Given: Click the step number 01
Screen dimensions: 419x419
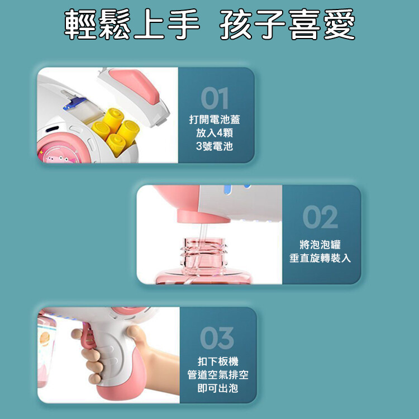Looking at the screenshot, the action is [215, 98].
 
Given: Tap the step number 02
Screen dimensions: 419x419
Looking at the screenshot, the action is [320, 217].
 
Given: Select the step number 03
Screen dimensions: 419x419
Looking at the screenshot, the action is [217, 338].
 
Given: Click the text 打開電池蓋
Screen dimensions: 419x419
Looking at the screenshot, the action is [215, 120].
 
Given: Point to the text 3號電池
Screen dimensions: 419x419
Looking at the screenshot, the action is [215, 146].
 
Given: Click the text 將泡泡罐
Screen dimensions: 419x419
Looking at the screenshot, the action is [320, 245].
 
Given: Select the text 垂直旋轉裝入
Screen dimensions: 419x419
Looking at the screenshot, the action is [320, 258].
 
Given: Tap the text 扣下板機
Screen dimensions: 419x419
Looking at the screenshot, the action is [218, 361].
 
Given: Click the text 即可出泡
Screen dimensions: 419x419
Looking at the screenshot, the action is [218, 388].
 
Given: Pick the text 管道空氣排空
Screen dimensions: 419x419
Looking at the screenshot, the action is [218, 375].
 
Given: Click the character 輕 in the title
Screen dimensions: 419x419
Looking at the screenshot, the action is [80, 24].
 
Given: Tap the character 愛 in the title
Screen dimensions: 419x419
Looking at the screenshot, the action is [339, 24].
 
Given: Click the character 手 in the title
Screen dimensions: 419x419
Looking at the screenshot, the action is [184, 24].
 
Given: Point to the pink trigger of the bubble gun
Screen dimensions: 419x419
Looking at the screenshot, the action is [89, 337].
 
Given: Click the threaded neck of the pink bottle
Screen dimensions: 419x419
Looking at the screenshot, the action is [203, 253].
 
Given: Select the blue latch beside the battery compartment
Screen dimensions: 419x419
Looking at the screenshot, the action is [75, 104].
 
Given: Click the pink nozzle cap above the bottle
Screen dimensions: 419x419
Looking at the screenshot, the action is [203, 216].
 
